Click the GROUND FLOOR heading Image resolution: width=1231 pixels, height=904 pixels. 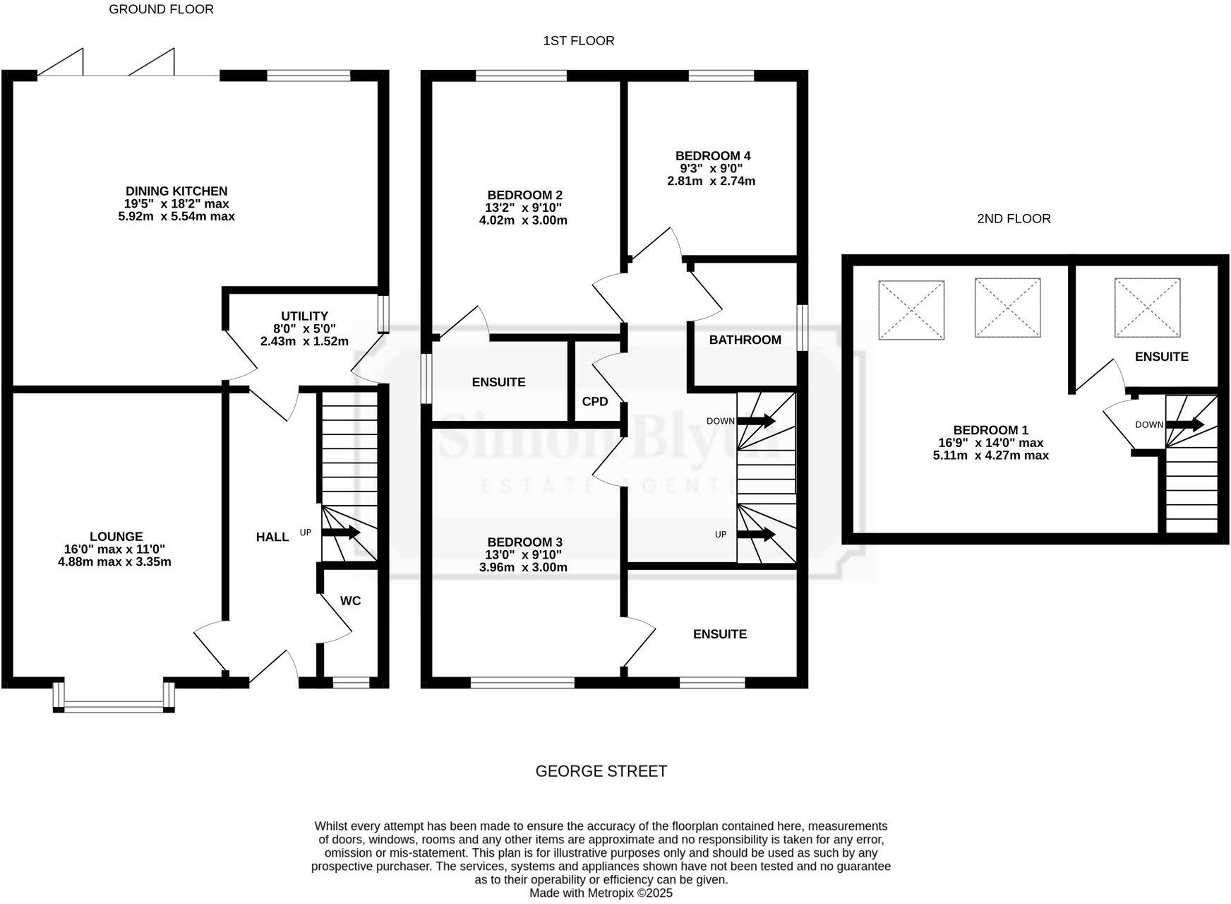point(161,9)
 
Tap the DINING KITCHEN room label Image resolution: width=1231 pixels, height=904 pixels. point(176,191)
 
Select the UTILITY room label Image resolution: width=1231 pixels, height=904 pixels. point(304,316)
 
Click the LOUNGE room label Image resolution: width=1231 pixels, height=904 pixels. point(116,537)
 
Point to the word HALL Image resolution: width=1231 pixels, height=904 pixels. point(272,537)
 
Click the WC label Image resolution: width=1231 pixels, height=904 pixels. point(350,601)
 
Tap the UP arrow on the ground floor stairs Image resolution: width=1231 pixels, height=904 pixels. point(345,533)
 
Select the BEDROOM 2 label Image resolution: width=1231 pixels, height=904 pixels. point(524,195)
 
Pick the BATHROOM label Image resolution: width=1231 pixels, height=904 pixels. point(745,340)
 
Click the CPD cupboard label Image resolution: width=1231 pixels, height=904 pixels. point(595,401)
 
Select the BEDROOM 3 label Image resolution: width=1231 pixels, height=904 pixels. point(524,542)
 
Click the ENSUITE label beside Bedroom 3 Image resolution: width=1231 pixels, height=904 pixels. point(719,634)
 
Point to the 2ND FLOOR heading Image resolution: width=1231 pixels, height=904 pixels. point(1014,219)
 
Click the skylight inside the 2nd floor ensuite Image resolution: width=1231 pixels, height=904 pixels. point(1147,308)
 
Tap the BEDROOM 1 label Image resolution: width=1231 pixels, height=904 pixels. point(990,430)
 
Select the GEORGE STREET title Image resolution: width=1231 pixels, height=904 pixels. point(601,771)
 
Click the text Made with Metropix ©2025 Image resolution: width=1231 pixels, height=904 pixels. point(601,893)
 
